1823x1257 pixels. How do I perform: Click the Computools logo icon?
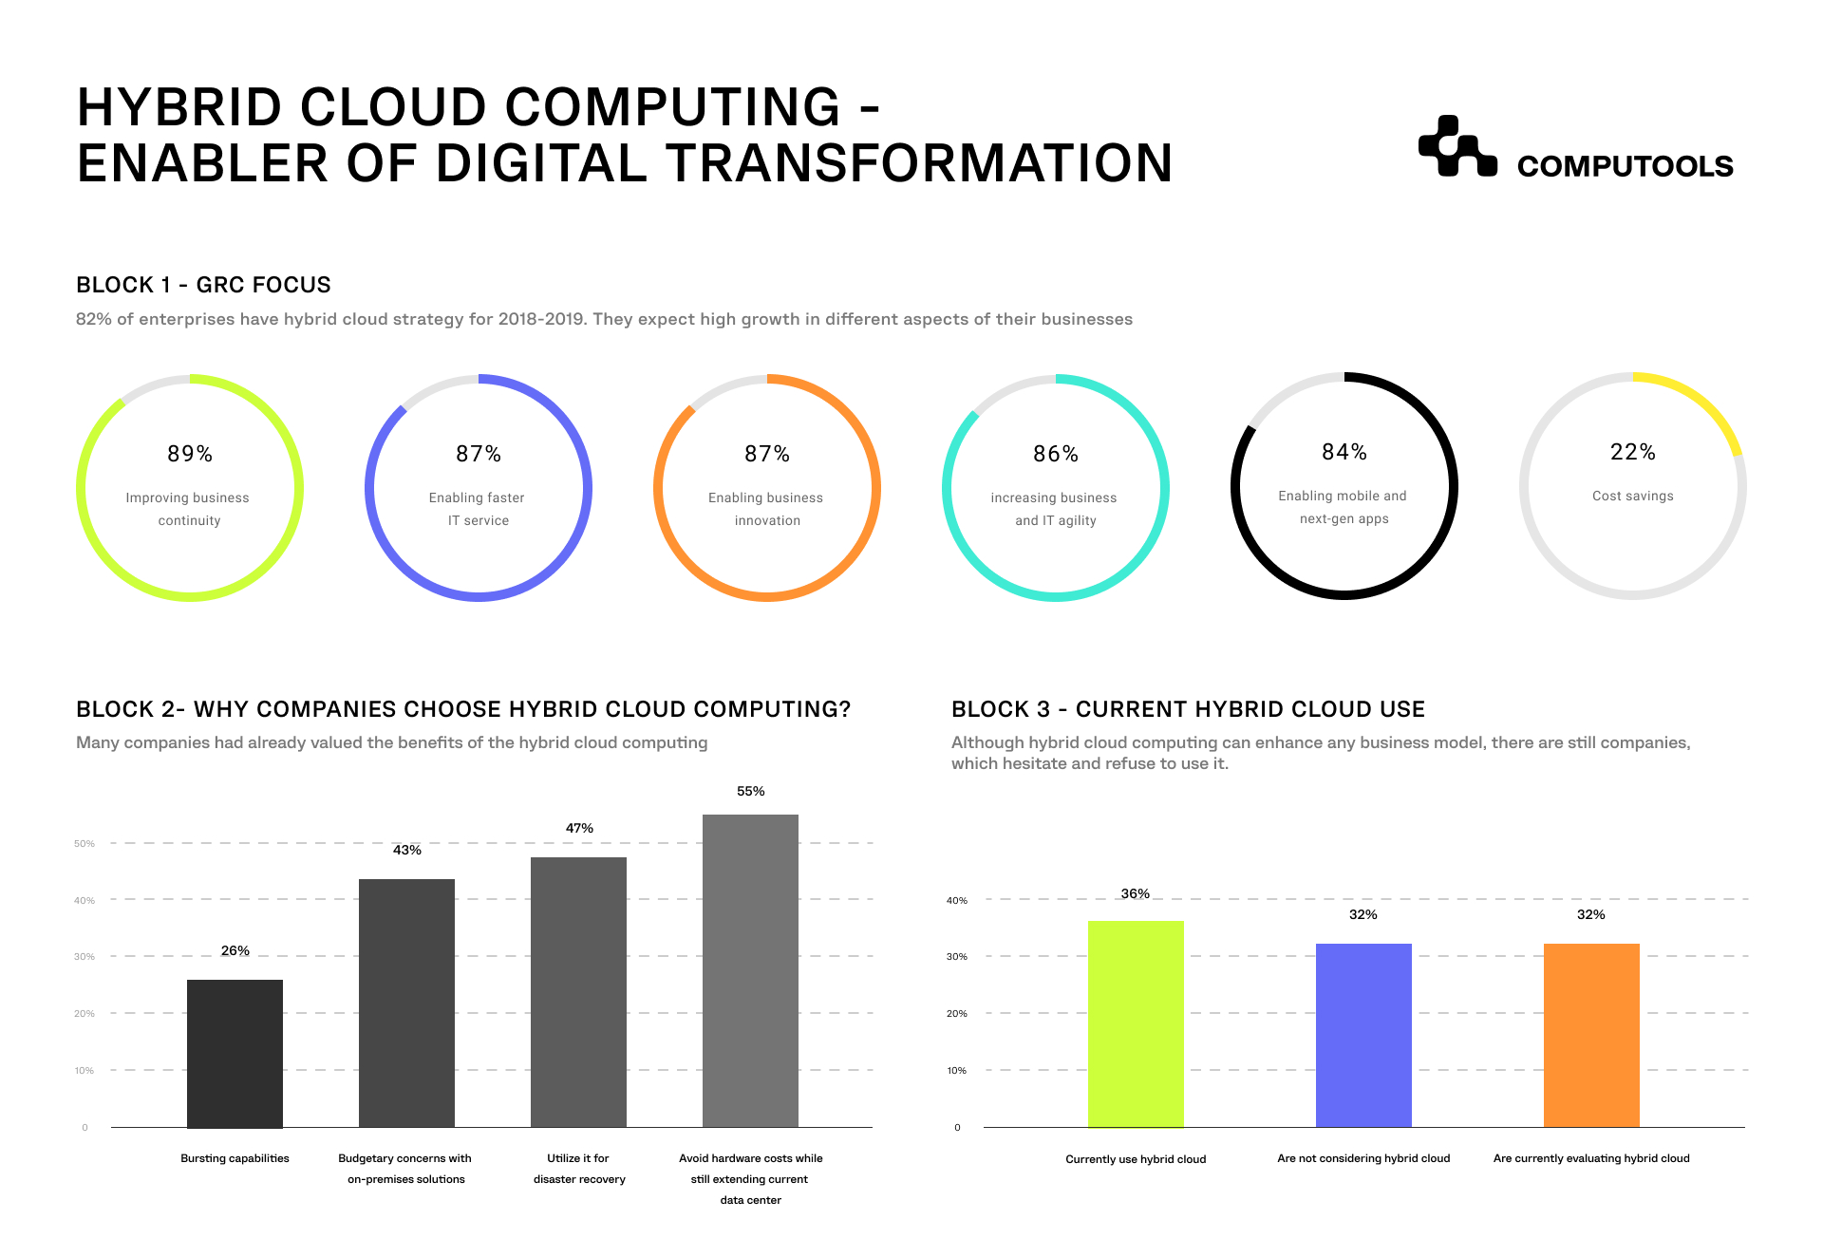click(x=1457, y=147)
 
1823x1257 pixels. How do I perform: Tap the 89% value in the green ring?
click(x=190, y=454)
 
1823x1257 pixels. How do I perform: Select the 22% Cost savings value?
click(x=1632, y=452)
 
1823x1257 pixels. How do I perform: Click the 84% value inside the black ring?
click(x=1344, y=452)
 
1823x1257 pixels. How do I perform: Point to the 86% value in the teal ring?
click(x=1056, y=454)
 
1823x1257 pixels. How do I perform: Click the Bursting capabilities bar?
click(x=235, y=1053)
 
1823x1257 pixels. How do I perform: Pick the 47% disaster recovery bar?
click(x=578, y=992)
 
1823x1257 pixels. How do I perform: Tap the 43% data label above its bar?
click(x=407, y=850)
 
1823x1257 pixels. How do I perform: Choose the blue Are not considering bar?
click(x=1363, y=1035)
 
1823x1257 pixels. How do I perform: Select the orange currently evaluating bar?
click(x=1591, y=1035)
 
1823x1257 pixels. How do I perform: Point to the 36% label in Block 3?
click(x=1136, y=893)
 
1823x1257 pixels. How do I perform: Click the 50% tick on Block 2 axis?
click(x=85, y=843)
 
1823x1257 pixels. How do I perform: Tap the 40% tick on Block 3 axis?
click(x=957, y=900)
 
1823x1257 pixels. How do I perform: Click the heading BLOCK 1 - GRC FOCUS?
click(x=203, y=285)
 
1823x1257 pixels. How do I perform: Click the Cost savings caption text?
click(x=1632, y=496)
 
